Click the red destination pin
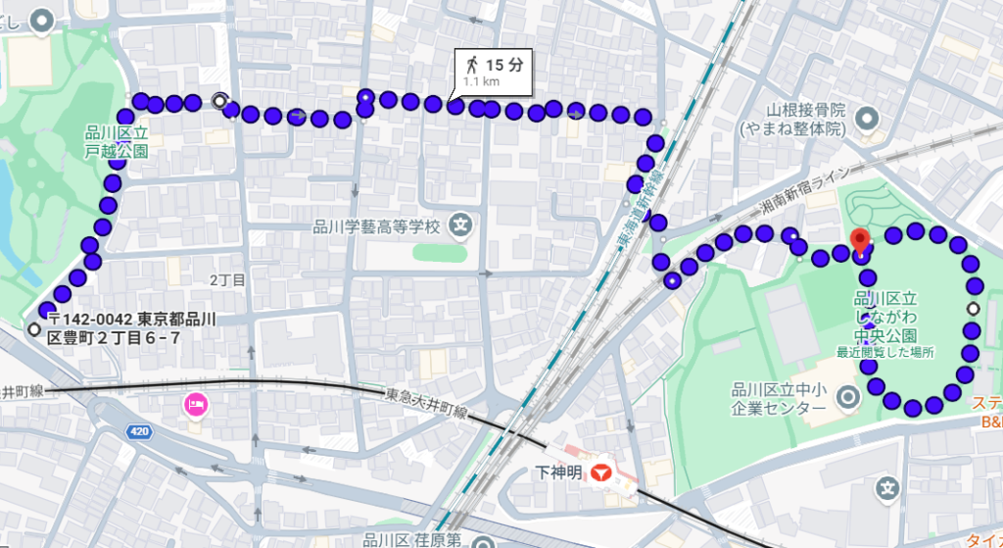pyautogui.click(x=860, y=240)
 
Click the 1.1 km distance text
pyautogui.click(x=481, y=82)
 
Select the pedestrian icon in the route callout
pyautogui.click(x=472, y=65)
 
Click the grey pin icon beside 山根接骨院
pyautogui.click(x=866, y=120)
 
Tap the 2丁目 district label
pyautogui.click(x=227, y=280)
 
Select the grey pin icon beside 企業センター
pyautogui.click(x=848, y=396)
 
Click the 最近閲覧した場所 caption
pyautogui.click(x=884, y=351)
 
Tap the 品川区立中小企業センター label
pyautogui.click(x=780, y=398)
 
